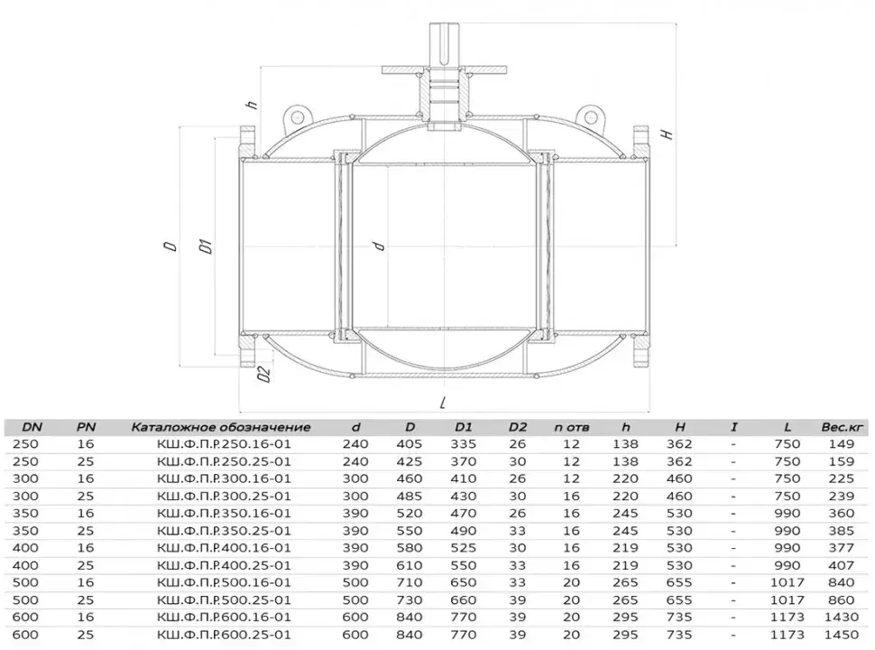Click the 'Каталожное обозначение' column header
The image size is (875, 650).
click(x=220, y=427)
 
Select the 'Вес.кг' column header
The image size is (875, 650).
click(x=842, y=427)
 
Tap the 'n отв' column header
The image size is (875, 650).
click(x=571, y=427)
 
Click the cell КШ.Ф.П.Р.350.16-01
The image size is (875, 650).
click(x=224, y=513)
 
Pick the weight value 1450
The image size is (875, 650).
click(x=842, y=635)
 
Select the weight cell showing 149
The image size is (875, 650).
click(x=842, y=444)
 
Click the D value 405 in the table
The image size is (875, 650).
click(x=409, y=444)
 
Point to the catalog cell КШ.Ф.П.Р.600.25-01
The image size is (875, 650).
click(x=224, y=635)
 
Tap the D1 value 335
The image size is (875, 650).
click(x=463, y=444)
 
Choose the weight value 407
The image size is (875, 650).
click(x=842, y=565)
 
